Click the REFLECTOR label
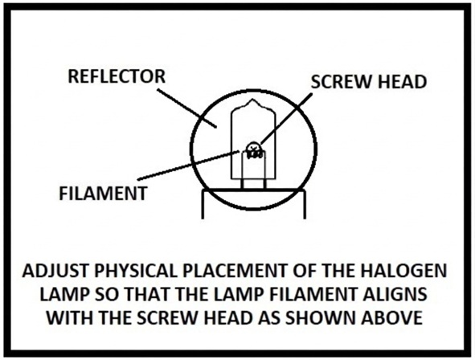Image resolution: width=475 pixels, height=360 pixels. tap(117, 76)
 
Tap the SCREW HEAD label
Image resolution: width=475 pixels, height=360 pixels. tap(369, 82)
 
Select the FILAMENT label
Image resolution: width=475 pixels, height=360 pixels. tap(103, 194)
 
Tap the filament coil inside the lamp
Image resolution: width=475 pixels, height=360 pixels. tap(255, 153)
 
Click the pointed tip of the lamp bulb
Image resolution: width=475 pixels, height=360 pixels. tap(252, 100)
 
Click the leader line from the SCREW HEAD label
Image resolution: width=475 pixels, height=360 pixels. tap(286, 118)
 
